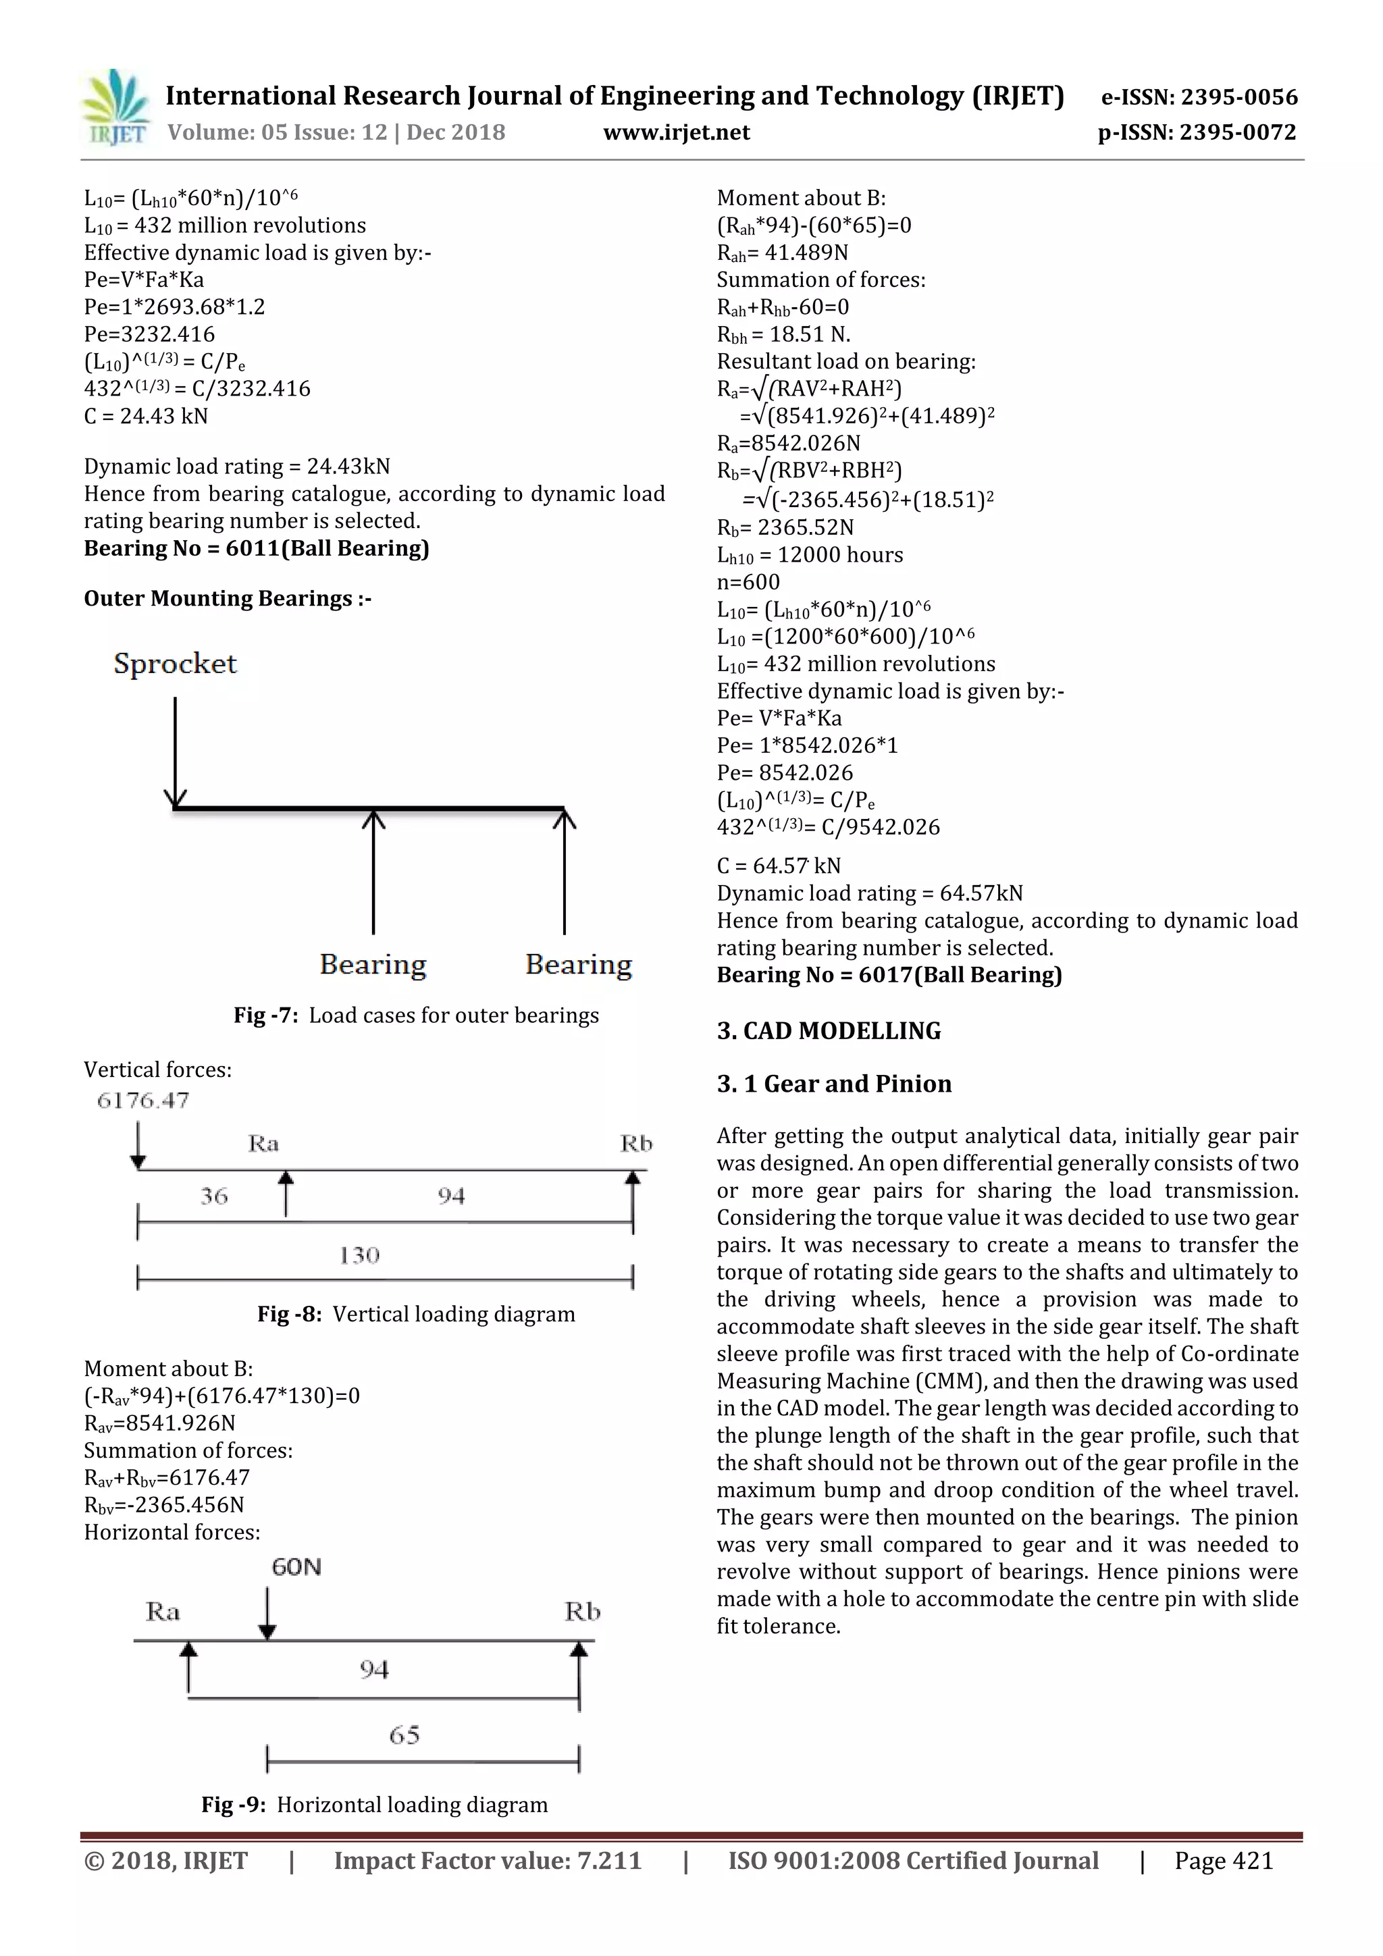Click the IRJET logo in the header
115,108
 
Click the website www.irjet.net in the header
676,133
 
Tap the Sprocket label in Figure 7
175,664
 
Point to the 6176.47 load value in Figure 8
143,1101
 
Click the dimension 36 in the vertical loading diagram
214,1196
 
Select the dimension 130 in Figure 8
359,1255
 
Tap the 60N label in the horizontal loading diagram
296,1566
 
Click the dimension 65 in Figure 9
404,1735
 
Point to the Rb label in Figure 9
583,1612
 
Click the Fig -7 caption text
416,1015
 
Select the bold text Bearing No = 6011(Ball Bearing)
256,549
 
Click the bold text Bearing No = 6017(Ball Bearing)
889,976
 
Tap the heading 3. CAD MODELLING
829,1031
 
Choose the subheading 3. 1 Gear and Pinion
833,1084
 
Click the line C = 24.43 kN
146,417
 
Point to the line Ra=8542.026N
788,444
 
